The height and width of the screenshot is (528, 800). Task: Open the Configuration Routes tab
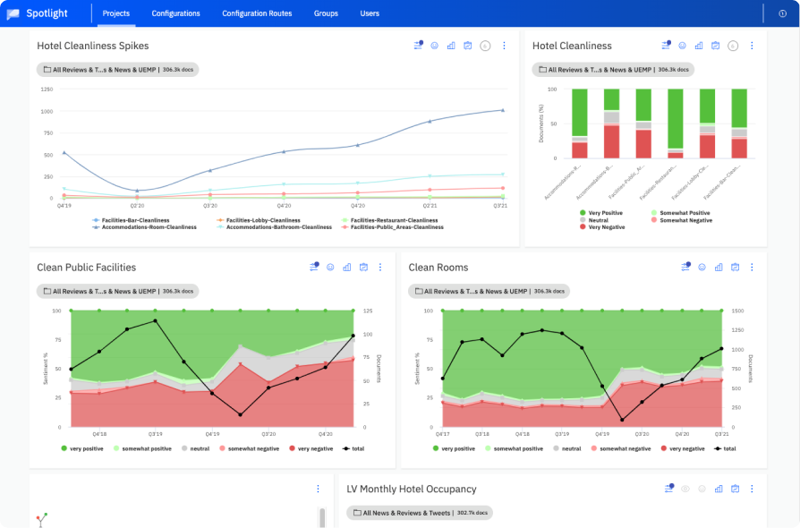pos(257,13)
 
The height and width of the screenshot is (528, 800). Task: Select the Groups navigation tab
pos(326,13)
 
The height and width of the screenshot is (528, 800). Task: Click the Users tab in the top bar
pos(370,13)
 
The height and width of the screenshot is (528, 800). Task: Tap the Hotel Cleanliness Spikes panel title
pos(93,46)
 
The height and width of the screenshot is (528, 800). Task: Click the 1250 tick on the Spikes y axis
pos(46,89)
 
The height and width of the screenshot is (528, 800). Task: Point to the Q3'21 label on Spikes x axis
pos(500,206)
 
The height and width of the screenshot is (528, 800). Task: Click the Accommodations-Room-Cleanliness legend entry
pos(144,227)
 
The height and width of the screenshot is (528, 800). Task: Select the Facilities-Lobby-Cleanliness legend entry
pos(262,220)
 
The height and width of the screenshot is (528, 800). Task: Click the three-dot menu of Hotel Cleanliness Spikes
pos(504,46)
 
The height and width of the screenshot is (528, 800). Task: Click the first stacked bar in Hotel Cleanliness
pos(580,123)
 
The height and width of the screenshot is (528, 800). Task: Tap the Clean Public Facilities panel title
pos(87,267)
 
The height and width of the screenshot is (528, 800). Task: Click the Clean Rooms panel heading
pos(438,267)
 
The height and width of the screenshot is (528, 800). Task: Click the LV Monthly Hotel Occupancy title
pos(412,489)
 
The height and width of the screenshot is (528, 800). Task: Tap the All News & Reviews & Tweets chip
pos(420,513)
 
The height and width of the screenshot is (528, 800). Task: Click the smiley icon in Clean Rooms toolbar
pos(702,267)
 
